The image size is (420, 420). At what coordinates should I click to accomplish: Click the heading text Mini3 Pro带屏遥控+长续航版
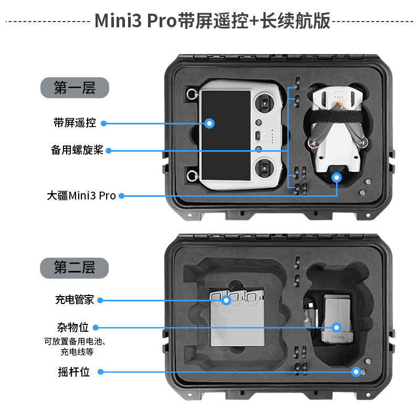[212, 21]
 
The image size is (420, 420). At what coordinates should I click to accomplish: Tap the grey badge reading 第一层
[75, 88]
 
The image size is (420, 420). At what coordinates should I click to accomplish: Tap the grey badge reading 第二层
[75, 268]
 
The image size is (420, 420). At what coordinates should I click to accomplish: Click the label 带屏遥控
[75, 123]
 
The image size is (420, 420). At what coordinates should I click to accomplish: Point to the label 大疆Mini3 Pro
[81, 196]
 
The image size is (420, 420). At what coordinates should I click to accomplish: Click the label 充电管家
[75, 300]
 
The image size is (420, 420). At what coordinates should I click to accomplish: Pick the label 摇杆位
[73, 372]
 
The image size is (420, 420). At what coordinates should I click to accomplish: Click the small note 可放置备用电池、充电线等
[75, 347]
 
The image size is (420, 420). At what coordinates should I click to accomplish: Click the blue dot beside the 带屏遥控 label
[103, 123]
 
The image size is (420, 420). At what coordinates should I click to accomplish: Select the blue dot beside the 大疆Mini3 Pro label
[121, 196]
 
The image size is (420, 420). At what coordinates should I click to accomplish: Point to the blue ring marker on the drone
[337, 178]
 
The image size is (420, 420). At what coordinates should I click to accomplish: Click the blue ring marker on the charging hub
[226, 300]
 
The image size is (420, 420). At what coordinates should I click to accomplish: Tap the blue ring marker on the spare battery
[336, 328]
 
